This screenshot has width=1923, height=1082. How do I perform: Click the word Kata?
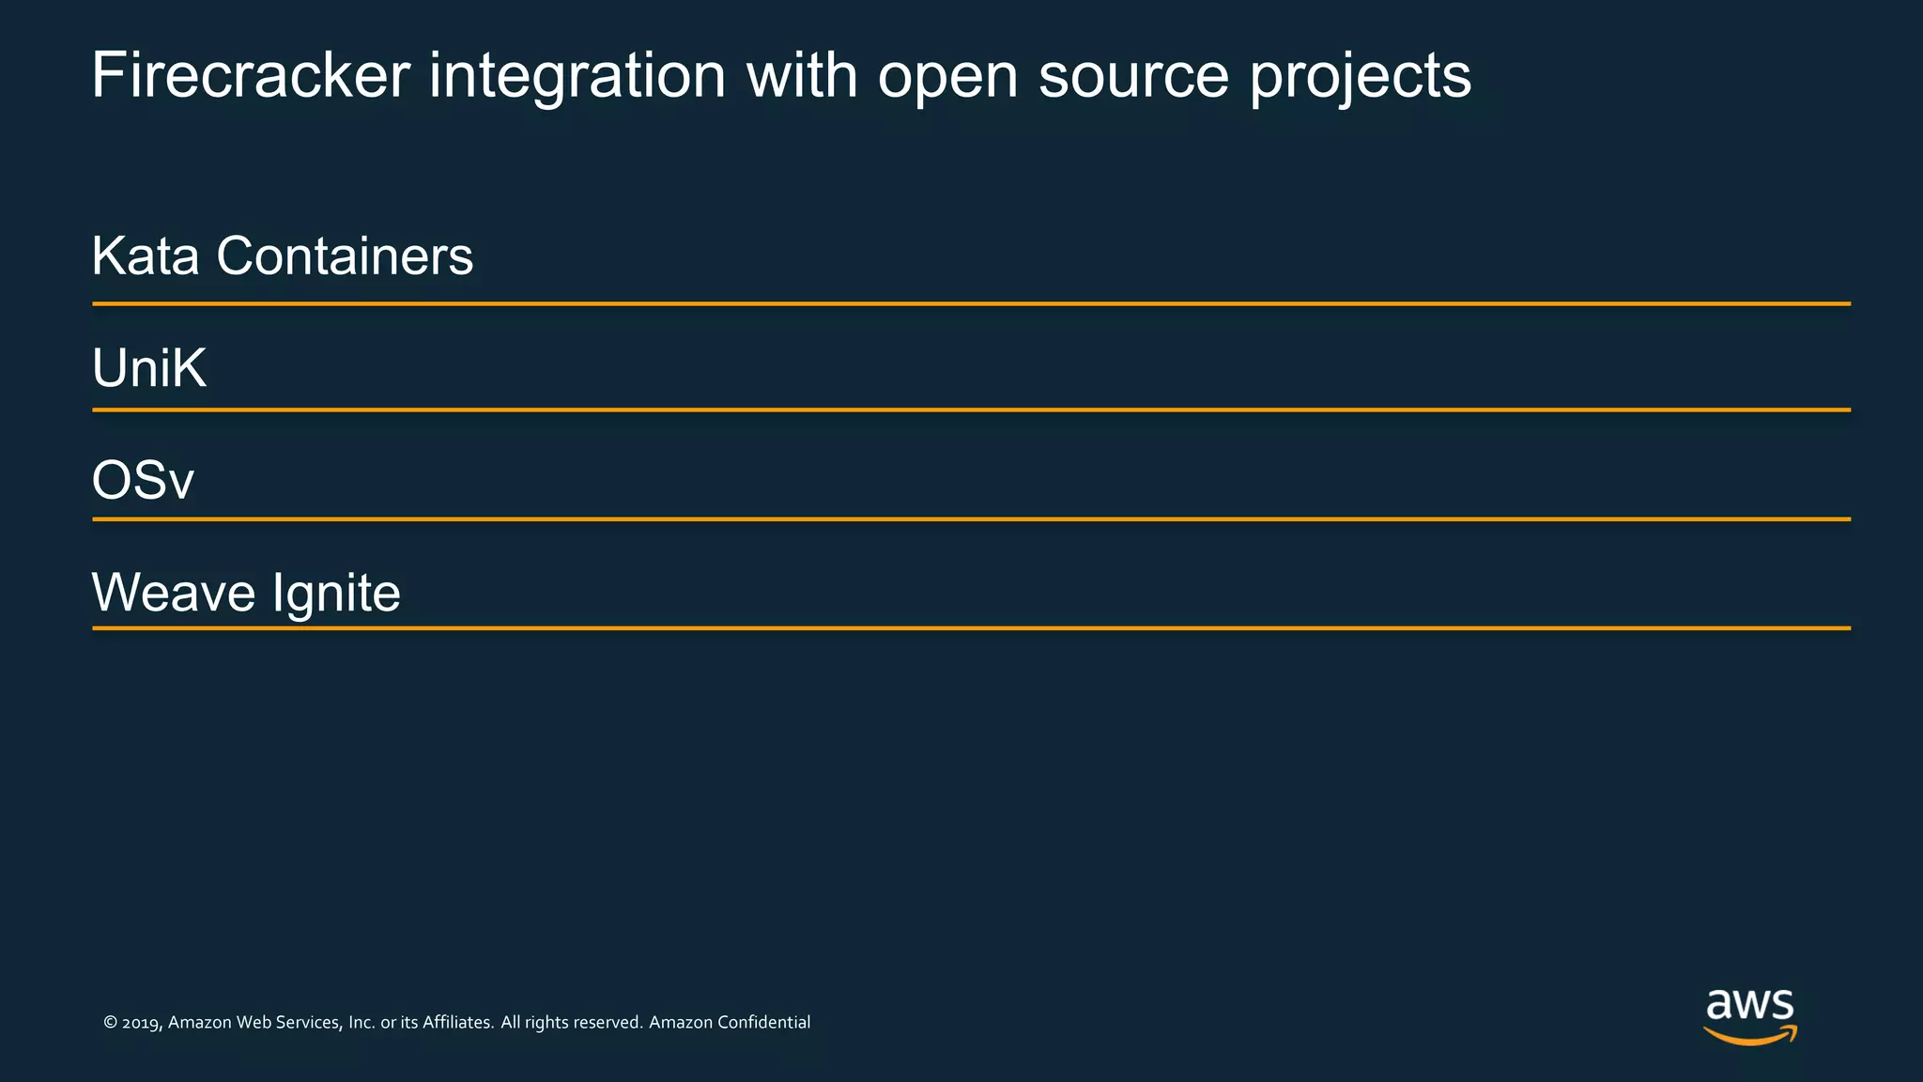[x=146, y=255]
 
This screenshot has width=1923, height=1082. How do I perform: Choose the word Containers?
[x=345, y=255]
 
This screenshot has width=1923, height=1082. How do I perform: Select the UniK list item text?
[x=149, y=367]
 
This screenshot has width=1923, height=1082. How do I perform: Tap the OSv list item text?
[x=143, y=480]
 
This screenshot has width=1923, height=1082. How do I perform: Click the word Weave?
[x=174, y=593]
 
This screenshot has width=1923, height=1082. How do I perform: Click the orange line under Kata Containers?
[x=971, y=303]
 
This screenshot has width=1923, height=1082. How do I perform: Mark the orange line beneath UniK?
[x=971, y=410]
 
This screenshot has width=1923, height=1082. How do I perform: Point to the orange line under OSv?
[x=971, y=518]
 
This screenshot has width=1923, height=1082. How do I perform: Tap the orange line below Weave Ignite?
[x=971, y=627]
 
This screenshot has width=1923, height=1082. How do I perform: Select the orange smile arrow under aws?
[x=1749, y=1036]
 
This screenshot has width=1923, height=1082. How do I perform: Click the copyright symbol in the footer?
[x=110, y=1023]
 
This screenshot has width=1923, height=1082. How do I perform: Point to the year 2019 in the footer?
[x=142, y=1023]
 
